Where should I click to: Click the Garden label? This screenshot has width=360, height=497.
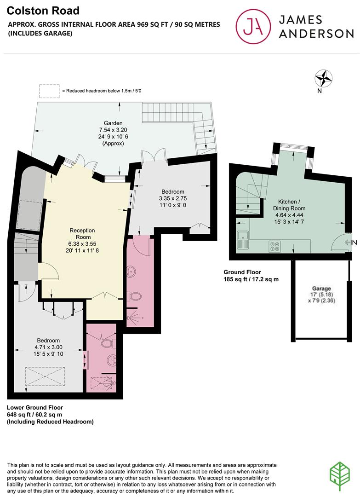coord(113,123)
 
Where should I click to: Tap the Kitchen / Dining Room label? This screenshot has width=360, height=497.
coord(291,205)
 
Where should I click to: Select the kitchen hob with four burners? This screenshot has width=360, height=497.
coord(276,247)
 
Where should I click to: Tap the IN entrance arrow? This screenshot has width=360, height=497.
coord(350,242)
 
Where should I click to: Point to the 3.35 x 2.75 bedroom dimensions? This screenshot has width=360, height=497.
coord(172,198)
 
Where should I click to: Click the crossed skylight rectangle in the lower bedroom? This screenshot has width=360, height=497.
coord(45,376)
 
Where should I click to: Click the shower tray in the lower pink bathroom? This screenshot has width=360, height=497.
coord(101,383)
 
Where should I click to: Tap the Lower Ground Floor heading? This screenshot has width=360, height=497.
coord(35,408)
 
